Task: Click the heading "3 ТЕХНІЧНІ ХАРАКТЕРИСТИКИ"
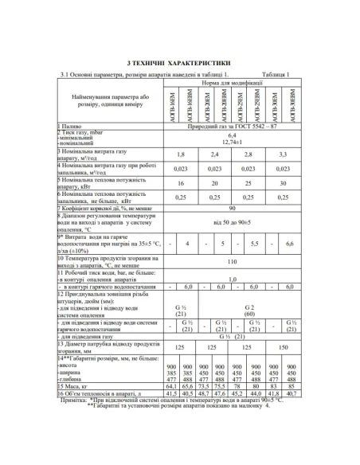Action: click(179, 61)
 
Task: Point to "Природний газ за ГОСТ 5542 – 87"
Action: click(231, 126)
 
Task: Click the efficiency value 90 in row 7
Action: click(231, 208)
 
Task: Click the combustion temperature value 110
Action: click(231, 260)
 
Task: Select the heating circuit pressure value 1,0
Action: click(231, 279)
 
